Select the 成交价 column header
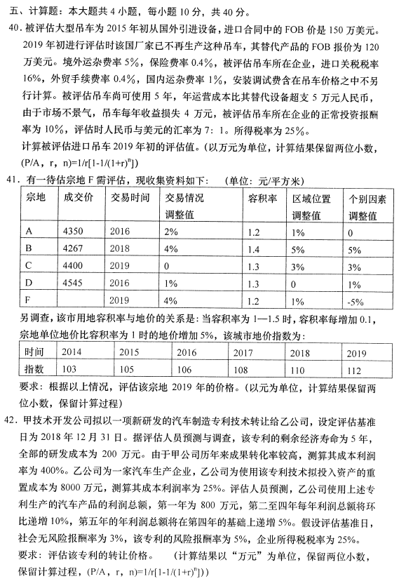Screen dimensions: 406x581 pyautogui.click(x=78, y=198)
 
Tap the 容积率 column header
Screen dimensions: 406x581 pyautogui.click(x=262, y=198)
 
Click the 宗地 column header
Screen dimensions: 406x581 pyautogui.click(x=35, y=198)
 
